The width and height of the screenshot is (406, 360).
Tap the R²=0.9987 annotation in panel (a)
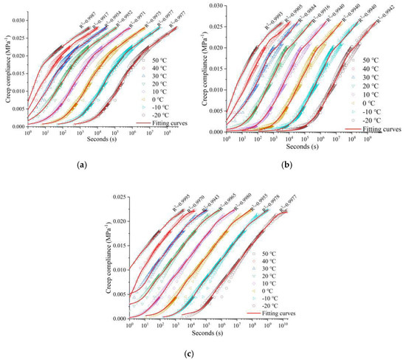coord(80,16)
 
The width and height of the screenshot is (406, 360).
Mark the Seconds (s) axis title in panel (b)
coord(303,148)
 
